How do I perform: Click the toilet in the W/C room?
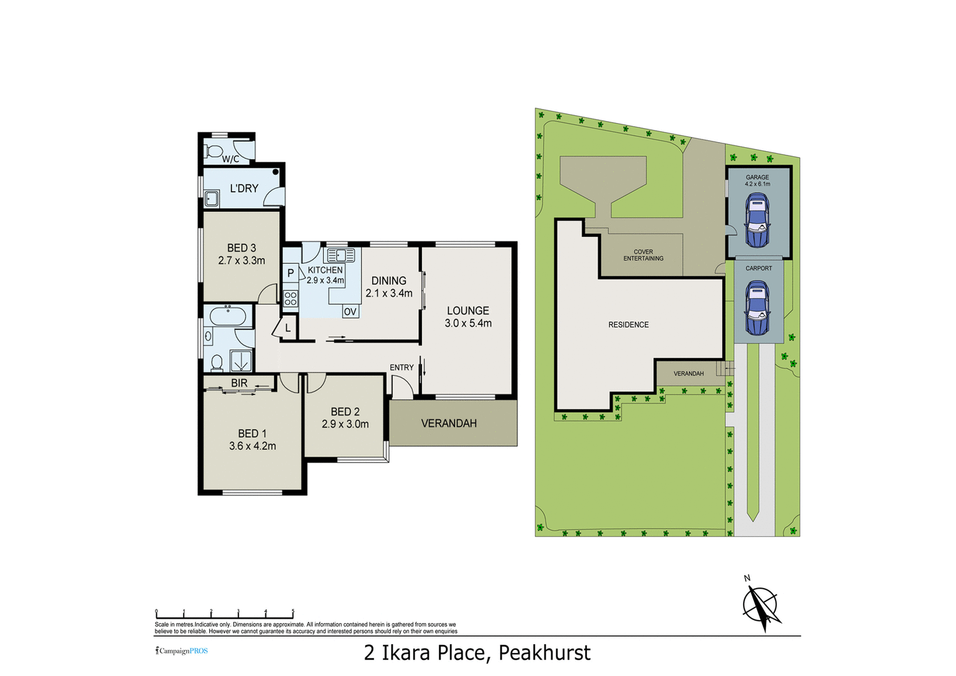[214, 152]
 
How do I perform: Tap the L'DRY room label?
[244, 189]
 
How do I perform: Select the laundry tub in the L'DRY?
[212, 200]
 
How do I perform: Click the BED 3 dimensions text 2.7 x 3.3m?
[242, 261]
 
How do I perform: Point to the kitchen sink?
[340, 255]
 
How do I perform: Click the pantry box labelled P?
[291, 273]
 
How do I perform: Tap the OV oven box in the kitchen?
[350, 312]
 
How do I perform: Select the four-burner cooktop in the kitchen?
[291, 299]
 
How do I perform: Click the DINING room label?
[389, 281]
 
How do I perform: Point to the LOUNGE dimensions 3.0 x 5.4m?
[468, 324]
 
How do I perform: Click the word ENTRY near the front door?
[402, 368]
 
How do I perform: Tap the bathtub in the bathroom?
[228, 316]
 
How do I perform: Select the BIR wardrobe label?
[239, 383]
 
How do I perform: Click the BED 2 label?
[345, 412]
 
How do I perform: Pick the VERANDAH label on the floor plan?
[449, 424]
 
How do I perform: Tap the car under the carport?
[757, 308]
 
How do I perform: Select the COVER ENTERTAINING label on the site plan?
[643, 255]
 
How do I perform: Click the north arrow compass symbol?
[761, 604]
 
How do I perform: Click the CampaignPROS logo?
[182, 651]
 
